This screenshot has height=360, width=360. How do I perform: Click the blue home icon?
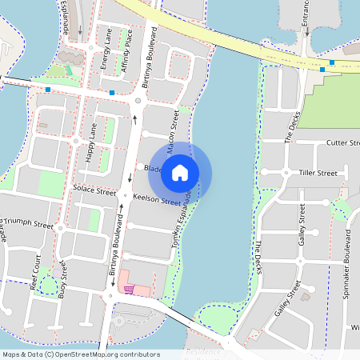click(x=180, y=172)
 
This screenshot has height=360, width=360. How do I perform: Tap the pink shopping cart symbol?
click(x=128, y=290)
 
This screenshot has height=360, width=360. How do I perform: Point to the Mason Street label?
click(x=173, y=132)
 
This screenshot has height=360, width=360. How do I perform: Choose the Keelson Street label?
click(x=158, y=199)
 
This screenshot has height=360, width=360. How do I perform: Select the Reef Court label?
click(x=36, y=272)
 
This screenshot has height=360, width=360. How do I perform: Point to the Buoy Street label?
click(x=62, y=283)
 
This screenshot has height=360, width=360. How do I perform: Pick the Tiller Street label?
click(x=317, y=173)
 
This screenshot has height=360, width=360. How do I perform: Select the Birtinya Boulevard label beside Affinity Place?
click(x=149, y=58)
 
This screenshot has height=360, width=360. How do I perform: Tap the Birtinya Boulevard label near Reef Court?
click(x=114, y=248)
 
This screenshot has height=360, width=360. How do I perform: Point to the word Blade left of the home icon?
click(x=153, y=169)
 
